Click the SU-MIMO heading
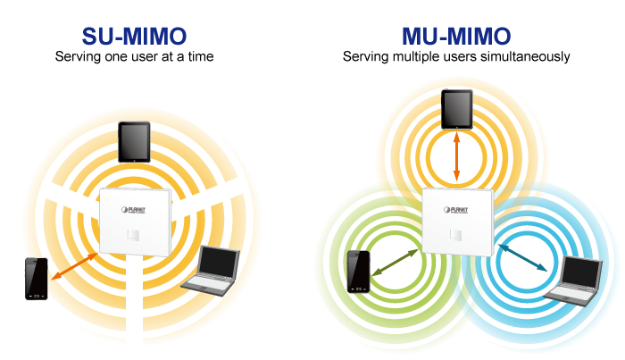click(x=134, y=37)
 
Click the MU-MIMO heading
click(x=456, y=37)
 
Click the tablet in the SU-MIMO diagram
click(x=134, y=142)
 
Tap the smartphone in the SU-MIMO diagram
click(x=37, y=279)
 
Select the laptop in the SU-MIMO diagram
click(x=211, y=271)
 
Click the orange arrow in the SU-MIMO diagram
click(x=74, y=266)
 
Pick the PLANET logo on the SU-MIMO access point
click(x=134, y=210)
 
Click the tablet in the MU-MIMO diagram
click(x=457, y=110)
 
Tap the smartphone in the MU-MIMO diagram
click(x=359, y=272)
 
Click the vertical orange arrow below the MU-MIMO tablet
click(x=457, y=156)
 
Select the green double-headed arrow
click(x=395, y=263)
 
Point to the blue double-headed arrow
click(x=522, y=257)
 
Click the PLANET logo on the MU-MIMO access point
click(x=456, y=210)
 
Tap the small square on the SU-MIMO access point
click(x=133, y=235)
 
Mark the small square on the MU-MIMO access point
click(x=455, y=235)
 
